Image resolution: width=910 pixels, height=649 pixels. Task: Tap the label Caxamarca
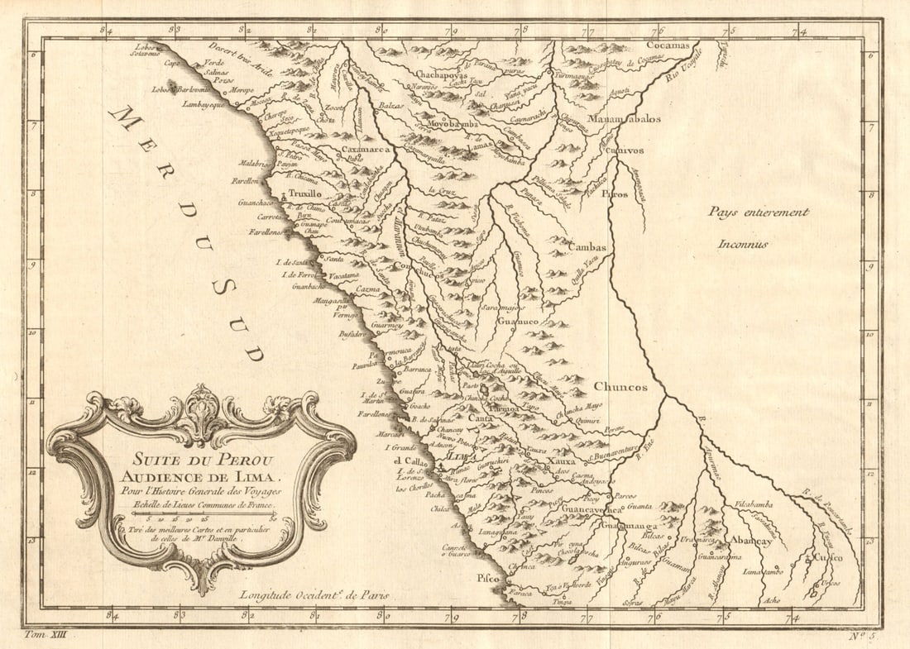click(x=366, y=150)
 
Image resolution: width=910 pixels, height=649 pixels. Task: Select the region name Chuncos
click(x=620, y=386)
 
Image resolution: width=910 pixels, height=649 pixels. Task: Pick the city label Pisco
click(x=488, y=579)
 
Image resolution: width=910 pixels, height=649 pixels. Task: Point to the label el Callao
click(x=409, y=461)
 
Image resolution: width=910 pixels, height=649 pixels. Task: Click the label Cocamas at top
click(x=668, y=45)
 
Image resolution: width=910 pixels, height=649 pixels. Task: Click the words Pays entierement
click(x=757, y=212)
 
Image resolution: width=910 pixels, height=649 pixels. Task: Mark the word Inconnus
click(x=743, y=244)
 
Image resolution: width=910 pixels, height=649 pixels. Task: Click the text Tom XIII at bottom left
click(x=50, y=634)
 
